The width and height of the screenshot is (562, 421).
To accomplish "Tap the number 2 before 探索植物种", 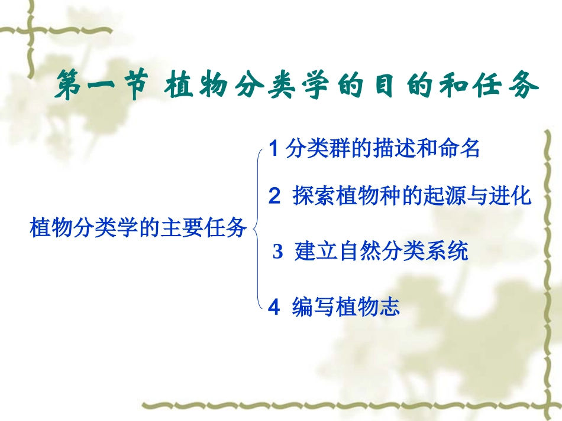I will [274, 197].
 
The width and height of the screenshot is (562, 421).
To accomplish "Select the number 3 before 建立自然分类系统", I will [278, 252].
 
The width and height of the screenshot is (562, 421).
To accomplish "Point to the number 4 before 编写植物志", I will [273, 307].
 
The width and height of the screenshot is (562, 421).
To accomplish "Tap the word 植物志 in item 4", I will [368, 307].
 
